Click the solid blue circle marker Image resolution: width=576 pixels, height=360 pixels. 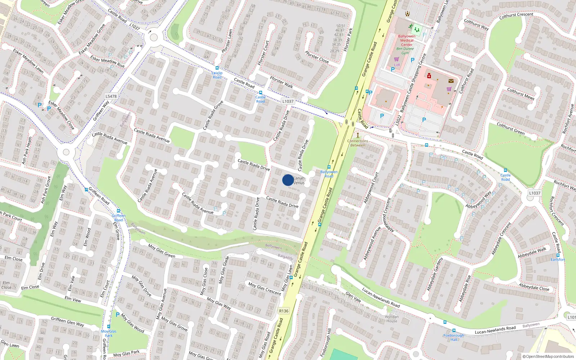point(288,180)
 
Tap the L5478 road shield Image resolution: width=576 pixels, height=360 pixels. point(111,96)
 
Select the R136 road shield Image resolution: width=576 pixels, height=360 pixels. point(284,311)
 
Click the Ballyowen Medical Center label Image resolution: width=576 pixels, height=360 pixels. point(407,40)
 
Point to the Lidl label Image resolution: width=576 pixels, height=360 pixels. point(397,65)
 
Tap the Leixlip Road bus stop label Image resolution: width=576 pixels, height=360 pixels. point(217,75)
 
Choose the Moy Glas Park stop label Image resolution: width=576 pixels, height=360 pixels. point(109,333)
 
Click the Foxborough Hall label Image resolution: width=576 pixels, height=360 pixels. point(454,337)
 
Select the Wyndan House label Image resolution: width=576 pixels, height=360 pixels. point(392,319)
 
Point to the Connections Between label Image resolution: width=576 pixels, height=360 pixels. point(357,143)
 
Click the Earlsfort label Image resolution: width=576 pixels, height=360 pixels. point(558,260)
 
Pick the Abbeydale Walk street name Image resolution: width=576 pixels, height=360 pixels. point(532,252)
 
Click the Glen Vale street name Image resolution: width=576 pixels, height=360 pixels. point(353,297)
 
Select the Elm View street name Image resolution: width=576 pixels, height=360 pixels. point(73,299)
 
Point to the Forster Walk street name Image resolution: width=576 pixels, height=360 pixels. point(282,82)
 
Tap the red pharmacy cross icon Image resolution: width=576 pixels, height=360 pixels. point(429,76)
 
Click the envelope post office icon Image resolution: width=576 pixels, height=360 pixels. point(451,81)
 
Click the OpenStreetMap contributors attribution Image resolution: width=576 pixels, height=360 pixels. point(548,356)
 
